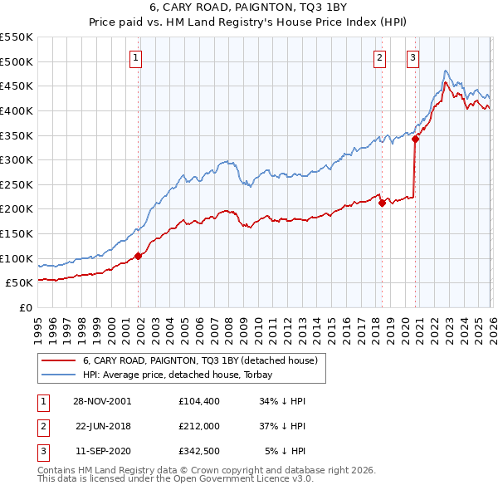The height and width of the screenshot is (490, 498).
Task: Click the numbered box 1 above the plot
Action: click(134, 58)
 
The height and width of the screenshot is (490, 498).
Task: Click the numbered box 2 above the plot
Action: click(379, 58)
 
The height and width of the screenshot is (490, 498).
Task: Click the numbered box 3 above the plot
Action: click(412, 58)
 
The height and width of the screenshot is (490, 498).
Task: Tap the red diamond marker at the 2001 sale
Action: click(139, 256)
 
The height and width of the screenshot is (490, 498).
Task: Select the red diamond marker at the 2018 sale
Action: click(382, 203)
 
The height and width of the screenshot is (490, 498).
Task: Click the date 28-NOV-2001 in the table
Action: click(103, 401)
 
